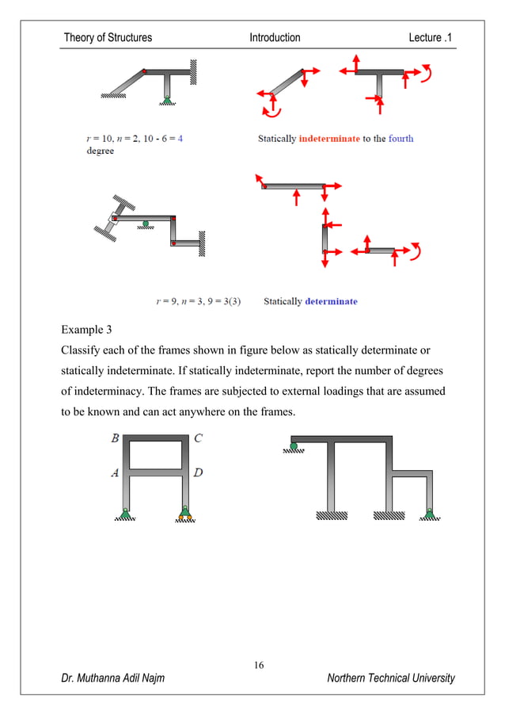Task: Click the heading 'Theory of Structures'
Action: point(108,37)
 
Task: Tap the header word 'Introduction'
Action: point(275,37)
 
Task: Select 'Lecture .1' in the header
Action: point(432,37)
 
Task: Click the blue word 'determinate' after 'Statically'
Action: point(331,301)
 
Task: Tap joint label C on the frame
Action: point(198,437)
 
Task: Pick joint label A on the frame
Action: point(115,473)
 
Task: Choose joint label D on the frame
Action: point(198,473)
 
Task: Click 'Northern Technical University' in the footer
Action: point(391,678)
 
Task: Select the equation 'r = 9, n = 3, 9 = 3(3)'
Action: point(199,301)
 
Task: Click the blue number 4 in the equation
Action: point(180,139)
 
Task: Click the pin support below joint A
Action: point(125,513)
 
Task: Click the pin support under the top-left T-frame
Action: point(166,98)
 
